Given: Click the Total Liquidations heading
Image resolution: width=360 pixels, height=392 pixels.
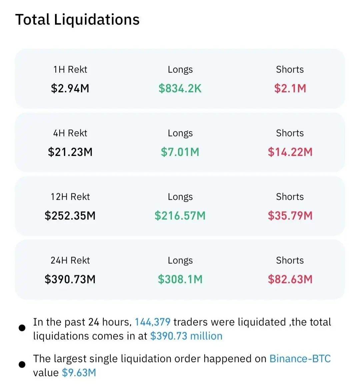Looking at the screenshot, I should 77,20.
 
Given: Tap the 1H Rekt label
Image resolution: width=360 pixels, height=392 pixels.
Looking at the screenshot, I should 70,69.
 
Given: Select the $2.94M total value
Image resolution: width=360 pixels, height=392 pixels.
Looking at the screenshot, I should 70,88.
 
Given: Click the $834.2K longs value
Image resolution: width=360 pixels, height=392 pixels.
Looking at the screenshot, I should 180,88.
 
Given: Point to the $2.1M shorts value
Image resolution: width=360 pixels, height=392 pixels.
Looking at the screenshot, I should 290,88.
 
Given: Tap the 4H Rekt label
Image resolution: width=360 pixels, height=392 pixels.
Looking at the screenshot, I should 70,133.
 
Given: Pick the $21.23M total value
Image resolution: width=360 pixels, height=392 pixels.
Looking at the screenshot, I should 70,152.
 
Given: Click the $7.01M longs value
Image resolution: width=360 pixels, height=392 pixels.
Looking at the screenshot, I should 180,152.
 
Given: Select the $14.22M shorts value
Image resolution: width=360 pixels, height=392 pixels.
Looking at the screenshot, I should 290,152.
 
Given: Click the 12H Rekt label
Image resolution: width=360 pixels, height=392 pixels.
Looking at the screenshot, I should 70,197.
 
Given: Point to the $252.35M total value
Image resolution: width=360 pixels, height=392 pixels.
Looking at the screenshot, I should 70,216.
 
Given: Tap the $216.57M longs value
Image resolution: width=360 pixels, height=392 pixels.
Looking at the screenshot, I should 180,216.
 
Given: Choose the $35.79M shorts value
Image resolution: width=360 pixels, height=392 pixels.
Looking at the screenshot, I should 290,216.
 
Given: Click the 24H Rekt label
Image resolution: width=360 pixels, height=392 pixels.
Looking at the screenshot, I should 70,260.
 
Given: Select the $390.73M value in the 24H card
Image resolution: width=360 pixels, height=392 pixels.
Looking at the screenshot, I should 70,279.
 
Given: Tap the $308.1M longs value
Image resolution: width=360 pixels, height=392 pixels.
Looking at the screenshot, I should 180,279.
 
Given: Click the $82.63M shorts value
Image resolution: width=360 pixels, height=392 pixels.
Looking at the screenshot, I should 290,279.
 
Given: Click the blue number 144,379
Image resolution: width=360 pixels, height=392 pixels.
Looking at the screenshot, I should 152,322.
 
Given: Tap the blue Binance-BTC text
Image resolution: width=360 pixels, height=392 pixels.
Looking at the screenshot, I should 300,359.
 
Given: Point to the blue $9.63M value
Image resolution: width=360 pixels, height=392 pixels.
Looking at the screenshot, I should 79,373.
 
